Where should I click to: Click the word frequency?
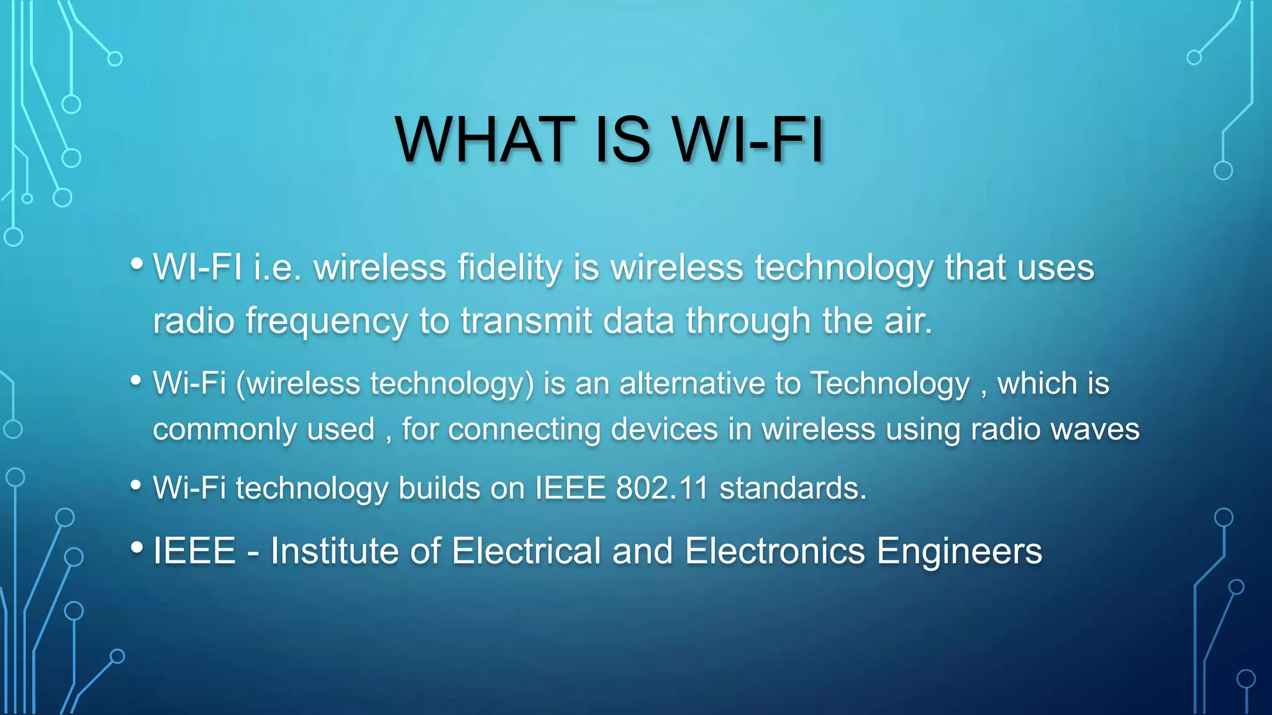coord(326,322)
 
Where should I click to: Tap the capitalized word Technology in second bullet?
coord(890,383)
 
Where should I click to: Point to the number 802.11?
coord(662,488)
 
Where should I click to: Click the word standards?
coord(793,488)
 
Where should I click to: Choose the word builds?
coord(439,488)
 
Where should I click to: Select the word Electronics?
coord(775,551)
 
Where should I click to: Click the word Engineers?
coord(959,551)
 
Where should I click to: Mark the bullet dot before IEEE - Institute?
coord(137,547)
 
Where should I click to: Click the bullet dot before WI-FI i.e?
coord(137,264)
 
